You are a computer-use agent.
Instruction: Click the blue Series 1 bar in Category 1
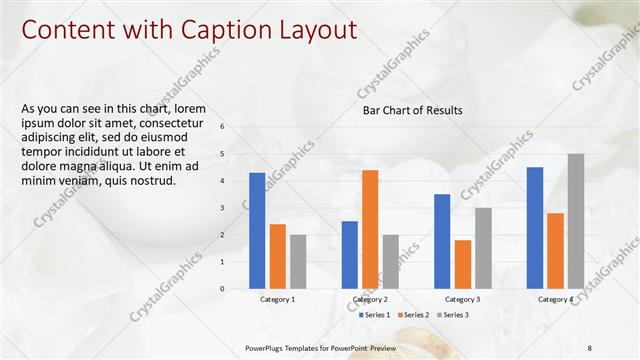[257, 231]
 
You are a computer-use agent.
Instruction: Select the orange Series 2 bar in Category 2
[370, 229]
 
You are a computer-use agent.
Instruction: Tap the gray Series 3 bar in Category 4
[576, 221]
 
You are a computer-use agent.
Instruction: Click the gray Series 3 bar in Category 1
[298, 262]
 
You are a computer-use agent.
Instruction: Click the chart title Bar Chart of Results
[412, 111]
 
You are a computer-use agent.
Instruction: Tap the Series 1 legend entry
[375, 315]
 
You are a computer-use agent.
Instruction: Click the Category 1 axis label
[278, 299]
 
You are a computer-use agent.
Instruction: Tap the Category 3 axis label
[463, 299]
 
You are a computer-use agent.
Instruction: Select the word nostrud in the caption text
[153, 181]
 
